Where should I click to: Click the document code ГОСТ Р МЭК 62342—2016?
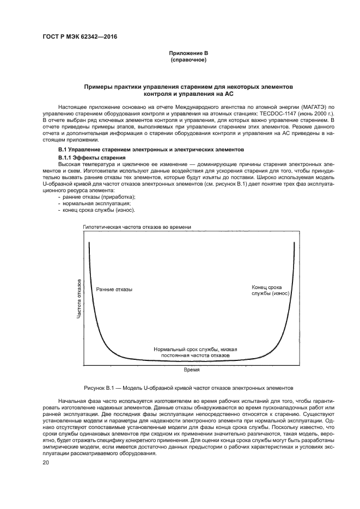pyautogui.click(x=80, y=37)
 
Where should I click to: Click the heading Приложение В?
pyautogui.click(x=188, y=53)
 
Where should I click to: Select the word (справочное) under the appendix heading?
pyautogui.click(x=188, y=59)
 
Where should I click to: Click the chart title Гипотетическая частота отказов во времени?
pyautogui.click(x=137, y=226)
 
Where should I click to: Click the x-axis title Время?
pyautogui.click(x=191, y=369)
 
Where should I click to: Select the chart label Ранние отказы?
pyautogui.click(x=114, y=289)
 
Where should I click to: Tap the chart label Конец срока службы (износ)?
pyautogui.click(x=270, y=290)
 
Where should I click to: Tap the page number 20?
pyautogui.click(x=46, y=462)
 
